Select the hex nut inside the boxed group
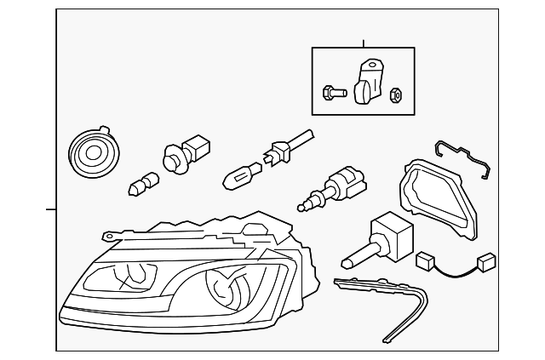tap(396, 93)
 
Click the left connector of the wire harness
tap(425, 260)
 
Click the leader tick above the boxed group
tap(363, 43)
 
